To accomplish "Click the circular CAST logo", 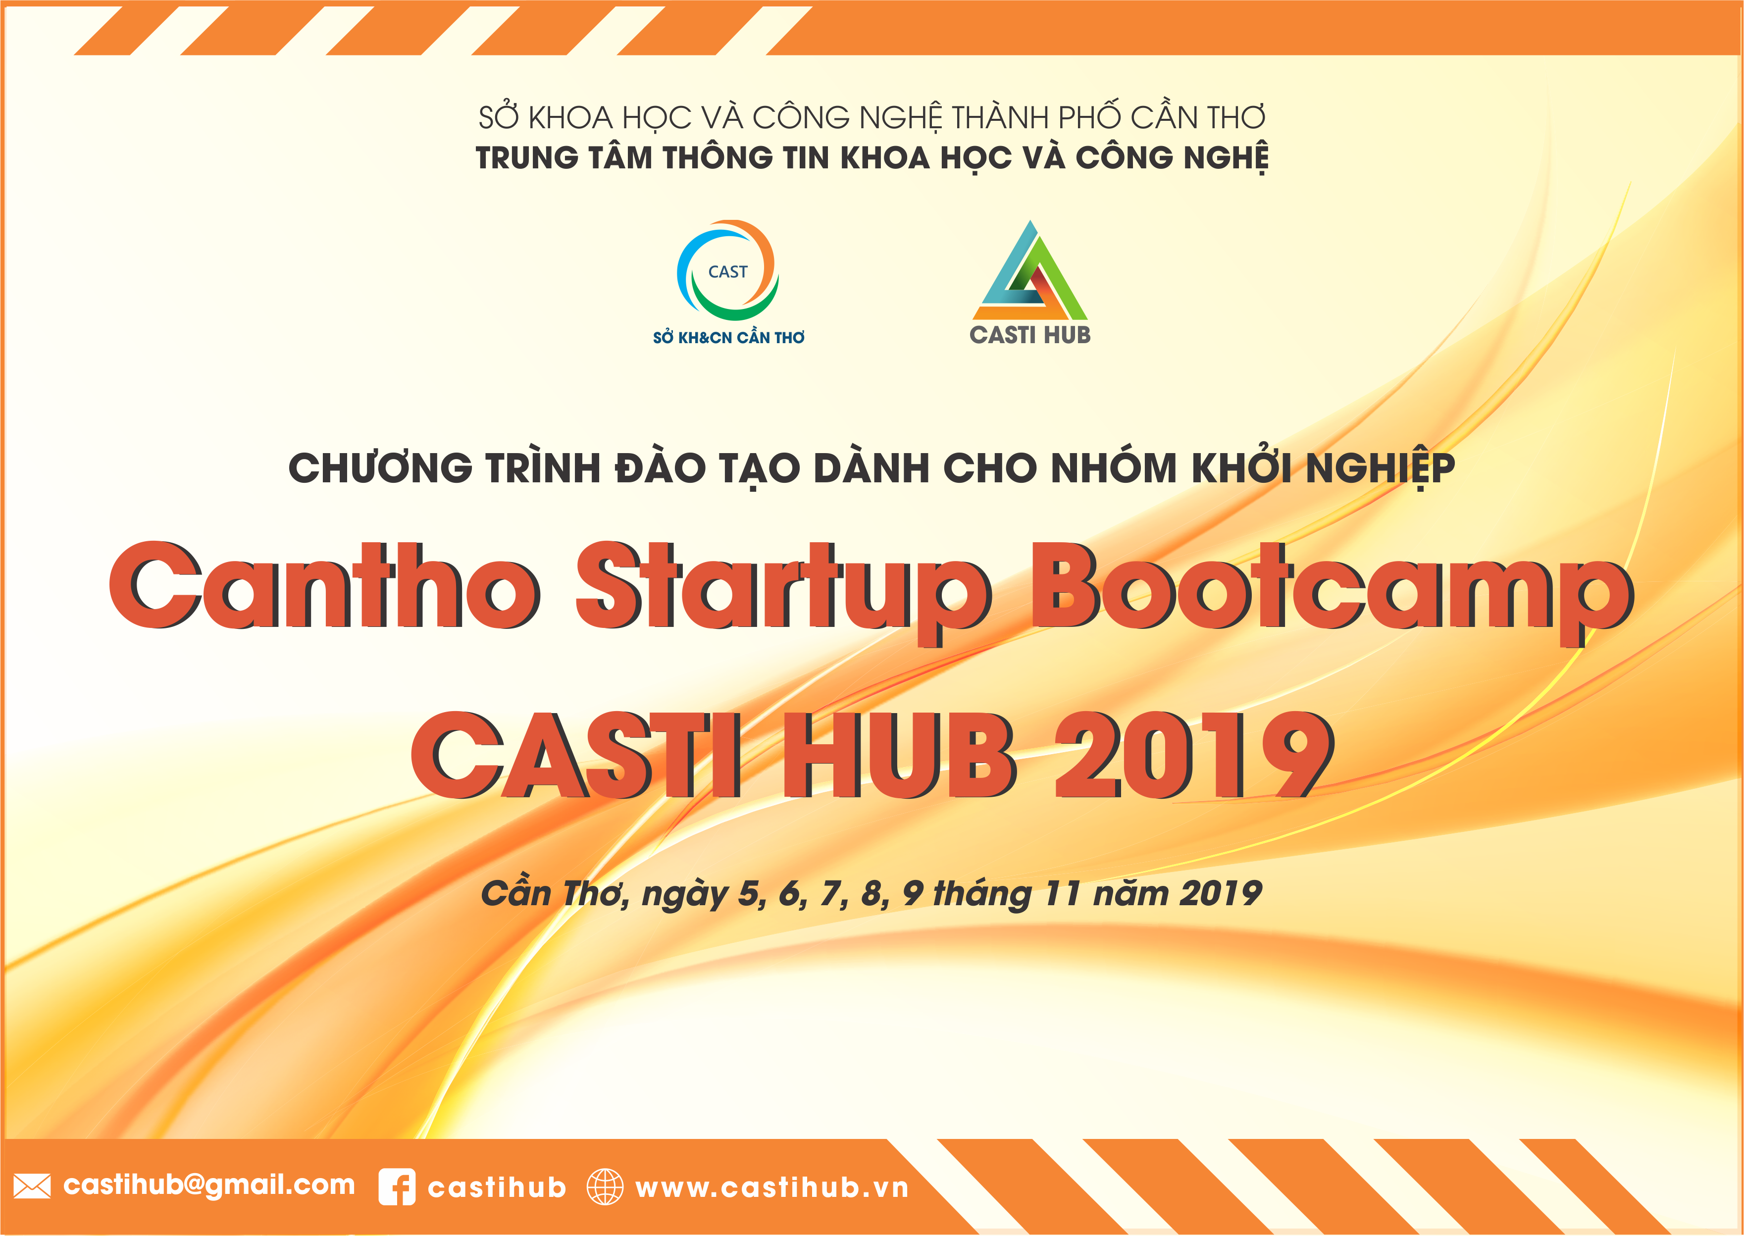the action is [x=727, y=270].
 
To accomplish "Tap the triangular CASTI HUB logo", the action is [x=1030, y=270].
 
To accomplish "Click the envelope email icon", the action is [x=32, y=1186].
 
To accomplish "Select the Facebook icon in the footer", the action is [x=397, y=1186].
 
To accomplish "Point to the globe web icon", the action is [x=605, y=1186].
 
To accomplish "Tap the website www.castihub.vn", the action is [x=772, y=1188].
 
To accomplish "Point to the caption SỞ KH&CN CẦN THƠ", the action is [x=728, y=337].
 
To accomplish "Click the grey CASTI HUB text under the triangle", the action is [x=1030, y=335].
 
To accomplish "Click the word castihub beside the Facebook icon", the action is [x=497, y=1188].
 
